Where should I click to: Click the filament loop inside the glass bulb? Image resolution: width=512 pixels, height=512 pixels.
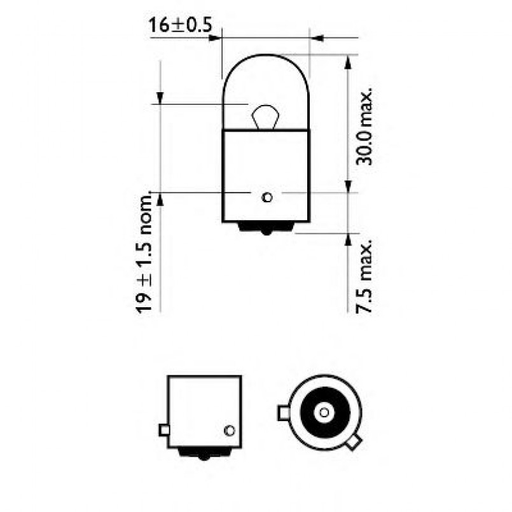[x=266, y=117]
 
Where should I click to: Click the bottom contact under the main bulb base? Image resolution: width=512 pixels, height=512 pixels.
[x=266, y=227]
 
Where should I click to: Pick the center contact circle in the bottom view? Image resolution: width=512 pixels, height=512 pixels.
[x=324, y=413]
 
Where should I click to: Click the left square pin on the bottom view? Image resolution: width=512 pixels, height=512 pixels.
[x=284, y=413]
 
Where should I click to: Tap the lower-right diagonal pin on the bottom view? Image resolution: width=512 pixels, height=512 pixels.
[x=354, y=441]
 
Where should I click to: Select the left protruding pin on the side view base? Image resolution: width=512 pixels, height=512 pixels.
[x=164, y=431]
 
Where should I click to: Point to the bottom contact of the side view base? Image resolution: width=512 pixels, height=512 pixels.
[x=204, y=453]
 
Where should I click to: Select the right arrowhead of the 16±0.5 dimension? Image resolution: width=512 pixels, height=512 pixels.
[x=319, y=39]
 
